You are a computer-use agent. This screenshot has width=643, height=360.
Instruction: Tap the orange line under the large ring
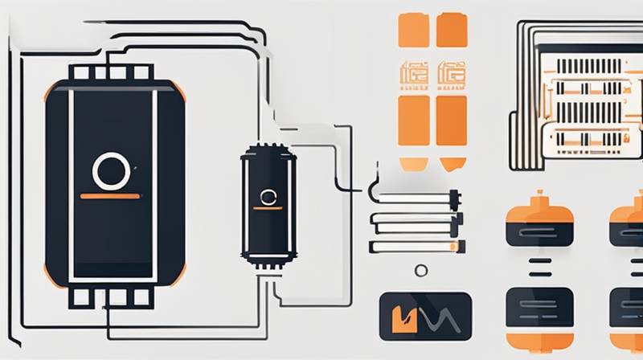109,195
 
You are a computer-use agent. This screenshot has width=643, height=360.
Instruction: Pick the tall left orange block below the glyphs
413,121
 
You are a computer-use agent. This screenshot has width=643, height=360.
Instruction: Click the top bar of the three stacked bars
415,197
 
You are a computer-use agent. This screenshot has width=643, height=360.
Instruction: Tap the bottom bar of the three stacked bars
415,246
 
